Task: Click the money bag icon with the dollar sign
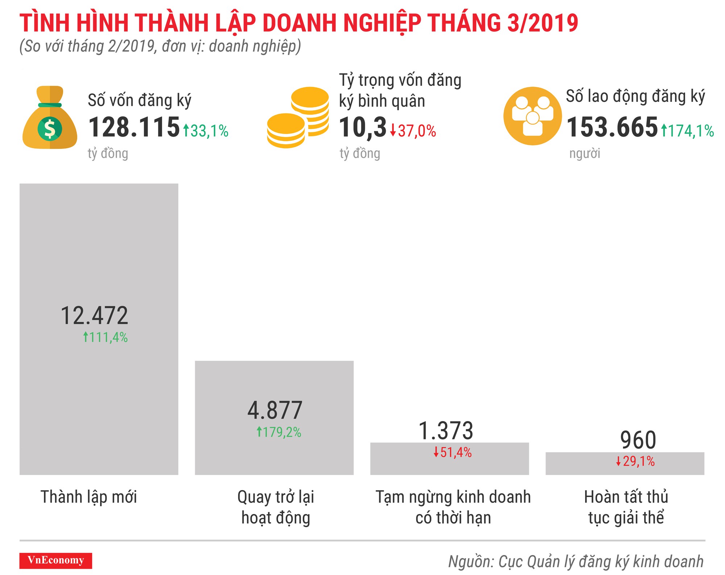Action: click(50, 118)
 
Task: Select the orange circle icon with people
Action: click(533, 116)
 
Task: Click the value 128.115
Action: click(134, 128)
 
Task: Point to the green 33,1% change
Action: click(206, 131)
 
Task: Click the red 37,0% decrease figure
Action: click(413, 131)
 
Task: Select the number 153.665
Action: click(612, 128)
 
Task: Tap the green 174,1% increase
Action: click(687, 131)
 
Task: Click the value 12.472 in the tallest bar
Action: click(94, 316)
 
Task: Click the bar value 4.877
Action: click(275, 411)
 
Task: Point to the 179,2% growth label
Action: click(279, 432)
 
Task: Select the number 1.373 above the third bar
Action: click(446, 431)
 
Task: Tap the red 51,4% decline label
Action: click(453, 453)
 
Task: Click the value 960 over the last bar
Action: click(638, 440)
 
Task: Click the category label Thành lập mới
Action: click(89, 497)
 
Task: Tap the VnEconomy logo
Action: click(56, 561)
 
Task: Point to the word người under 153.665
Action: click(584, 153)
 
